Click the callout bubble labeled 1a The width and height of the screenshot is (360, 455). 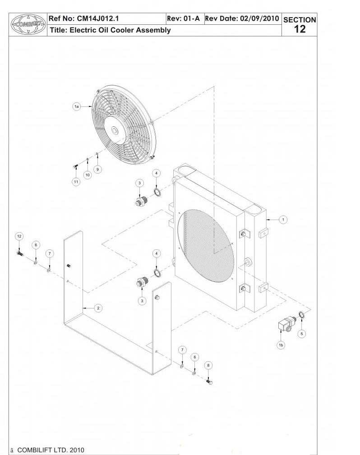point(77,106)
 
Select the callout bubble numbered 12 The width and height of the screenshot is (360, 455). point(19,236)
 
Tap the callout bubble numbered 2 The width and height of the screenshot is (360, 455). point(97,308)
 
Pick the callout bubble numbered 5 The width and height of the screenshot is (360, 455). point(302,334)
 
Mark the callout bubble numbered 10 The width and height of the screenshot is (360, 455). point(88,174)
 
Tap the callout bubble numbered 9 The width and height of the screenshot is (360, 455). point(98,169)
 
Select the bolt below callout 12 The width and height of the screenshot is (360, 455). point(19,253)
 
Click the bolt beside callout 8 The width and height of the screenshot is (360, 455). point(209,382)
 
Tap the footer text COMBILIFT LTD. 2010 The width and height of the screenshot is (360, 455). point(50,450)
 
